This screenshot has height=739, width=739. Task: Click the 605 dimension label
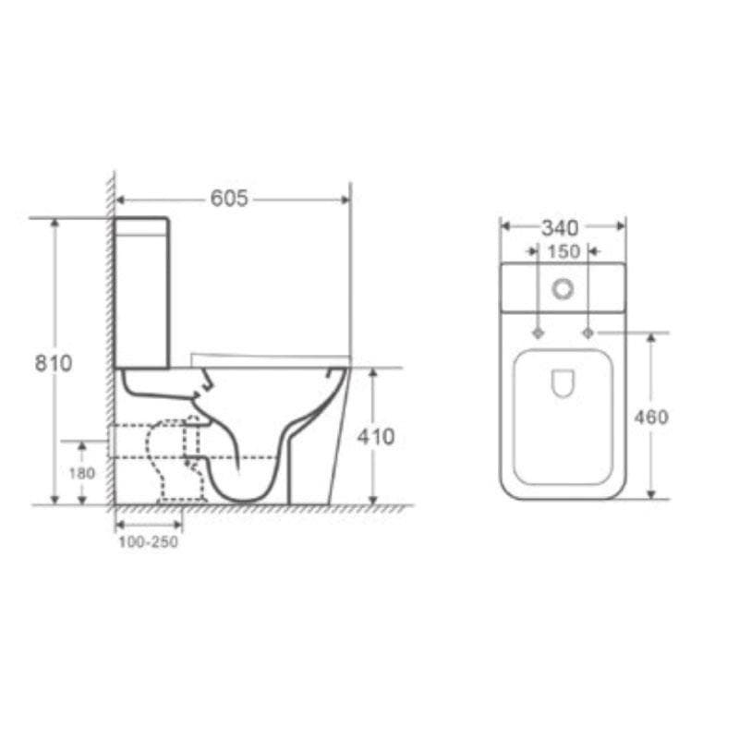[229, 198]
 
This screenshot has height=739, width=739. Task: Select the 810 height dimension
[54, 363]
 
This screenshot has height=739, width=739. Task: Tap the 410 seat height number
[375, 436]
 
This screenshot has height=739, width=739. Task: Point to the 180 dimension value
[82, 473]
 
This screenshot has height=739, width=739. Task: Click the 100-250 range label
[148, 542]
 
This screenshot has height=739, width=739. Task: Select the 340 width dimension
[560, 227]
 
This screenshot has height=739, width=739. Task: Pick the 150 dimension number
[563, 251]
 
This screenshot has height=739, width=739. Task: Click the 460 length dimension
[651, 417]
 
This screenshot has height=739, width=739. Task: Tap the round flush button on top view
[563, 289]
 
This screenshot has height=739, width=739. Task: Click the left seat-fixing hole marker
[538, 332]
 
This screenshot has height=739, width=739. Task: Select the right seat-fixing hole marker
[588, 332]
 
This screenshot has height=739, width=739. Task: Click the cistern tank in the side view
[141, 291]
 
